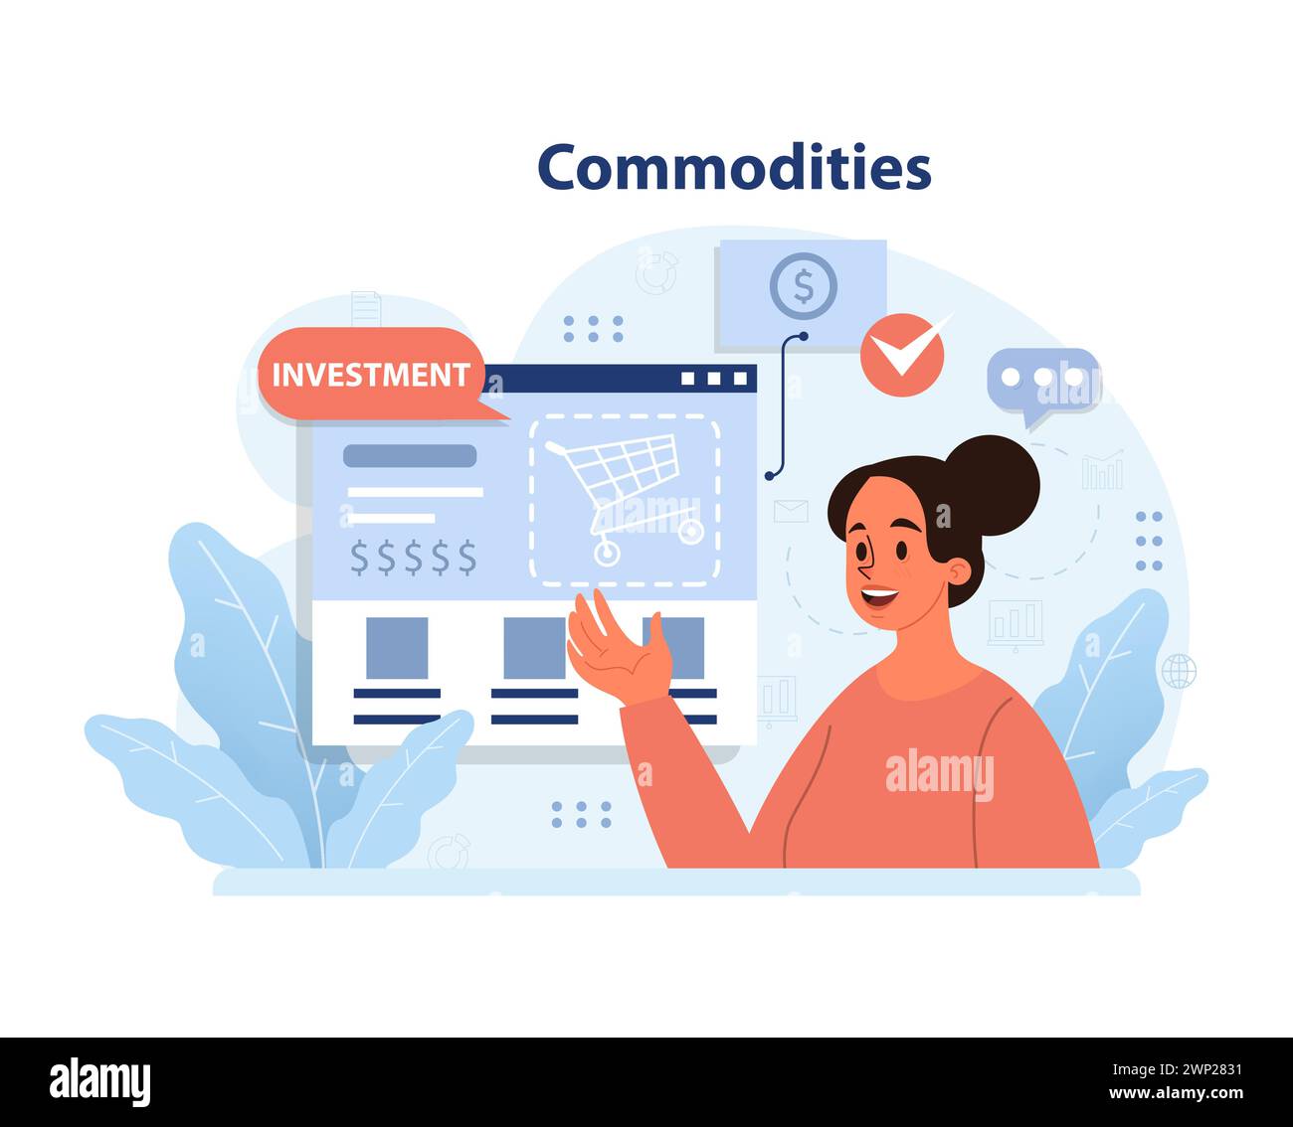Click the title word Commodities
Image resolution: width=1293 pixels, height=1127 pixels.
[734, 167]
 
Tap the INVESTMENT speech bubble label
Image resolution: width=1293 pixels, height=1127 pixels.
[370, 375]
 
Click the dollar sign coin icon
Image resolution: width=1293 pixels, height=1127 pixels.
[803, 286]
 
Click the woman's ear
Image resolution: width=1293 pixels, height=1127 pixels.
[958, 572]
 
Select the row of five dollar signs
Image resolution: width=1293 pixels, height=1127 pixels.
[413, 558]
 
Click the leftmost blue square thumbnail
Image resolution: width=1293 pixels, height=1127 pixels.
[397, 648]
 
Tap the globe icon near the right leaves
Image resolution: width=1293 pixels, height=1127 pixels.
[1179, 671]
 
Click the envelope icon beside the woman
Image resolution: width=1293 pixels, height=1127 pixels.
[791, 511]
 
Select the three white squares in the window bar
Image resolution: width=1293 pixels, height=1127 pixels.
[713, 379]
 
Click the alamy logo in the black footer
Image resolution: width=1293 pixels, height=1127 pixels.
[99, 1081]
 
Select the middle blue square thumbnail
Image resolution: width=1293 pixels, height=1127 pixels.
[534, 648]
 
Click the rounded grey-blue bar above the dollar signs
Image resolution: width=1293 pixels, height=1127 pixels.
[410, 456]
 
